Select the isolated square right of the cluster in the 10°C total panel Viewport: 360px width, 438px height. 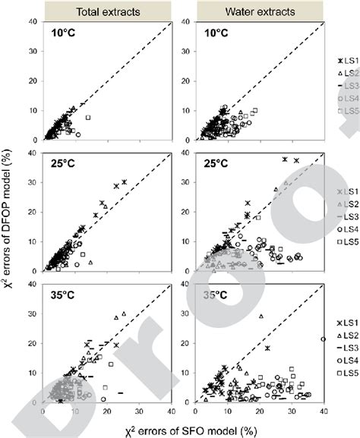click(88, 118)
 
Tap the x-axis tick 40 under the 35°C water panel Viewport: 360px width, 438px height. click(324, 411)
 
